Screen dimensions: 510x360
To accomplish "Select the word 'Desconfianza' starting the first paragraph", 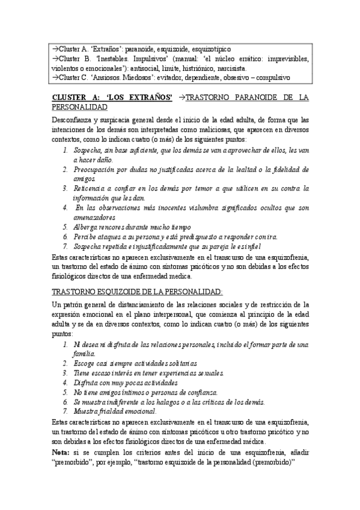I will [x=70, y=120].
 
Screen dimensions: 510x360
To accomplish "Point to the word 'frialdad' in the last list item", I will [x=112, y=411].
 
